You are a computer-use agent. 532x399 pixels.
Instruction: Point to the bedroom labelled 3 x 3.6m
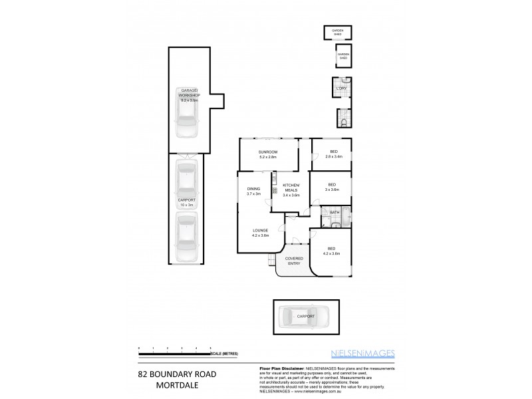tap(331, 187)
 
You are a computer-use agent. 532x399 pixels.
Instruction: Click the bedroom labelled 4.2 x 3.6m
tap(331, 251)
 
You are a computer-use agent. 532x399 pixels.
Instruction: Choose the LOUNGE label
tap(260, 233)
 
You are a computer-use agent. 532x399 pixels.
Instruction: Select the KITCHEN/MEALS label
tap(291, 190)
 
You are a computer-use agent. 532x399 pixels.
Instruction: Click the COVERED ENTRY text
tap(294, 261)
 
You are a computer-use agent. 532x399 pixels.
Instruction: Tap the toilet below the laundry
tap(342, 122)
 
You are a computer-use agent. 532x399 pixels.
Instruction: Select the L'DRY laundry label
tap(342, 87)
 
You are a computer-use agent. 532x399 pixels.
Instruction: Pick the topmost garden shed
tap(337, 33)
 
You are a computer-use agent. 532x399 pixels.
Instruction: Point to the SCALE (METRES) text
tap(225, 353)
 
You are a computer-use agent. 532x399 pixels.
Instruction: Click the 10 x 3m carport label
tap(187, 202)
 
